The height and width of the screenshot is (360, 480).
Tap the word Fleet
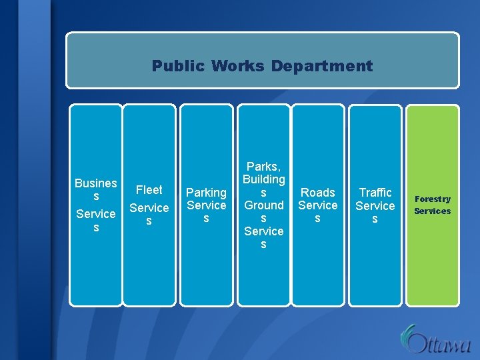tap(149, 190)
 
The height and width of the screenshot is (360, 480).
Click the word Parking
tap(206, 193)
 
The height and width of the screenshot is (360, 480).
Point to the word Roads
tap(318, 193)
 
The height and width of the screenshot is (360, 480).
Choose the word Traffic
tap(375, 193)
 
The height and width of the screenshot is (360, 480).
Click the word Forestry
tap(433, 199)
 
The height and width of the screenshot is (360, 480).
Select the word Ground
tap(264, 205)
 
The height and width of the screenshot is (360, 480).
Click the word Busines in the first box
tap(96, 183)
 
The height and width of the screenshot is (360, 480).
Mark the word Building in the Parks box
tap(264, 179)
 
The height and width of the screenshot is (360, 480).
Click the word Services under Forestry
tap(433, 211)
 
